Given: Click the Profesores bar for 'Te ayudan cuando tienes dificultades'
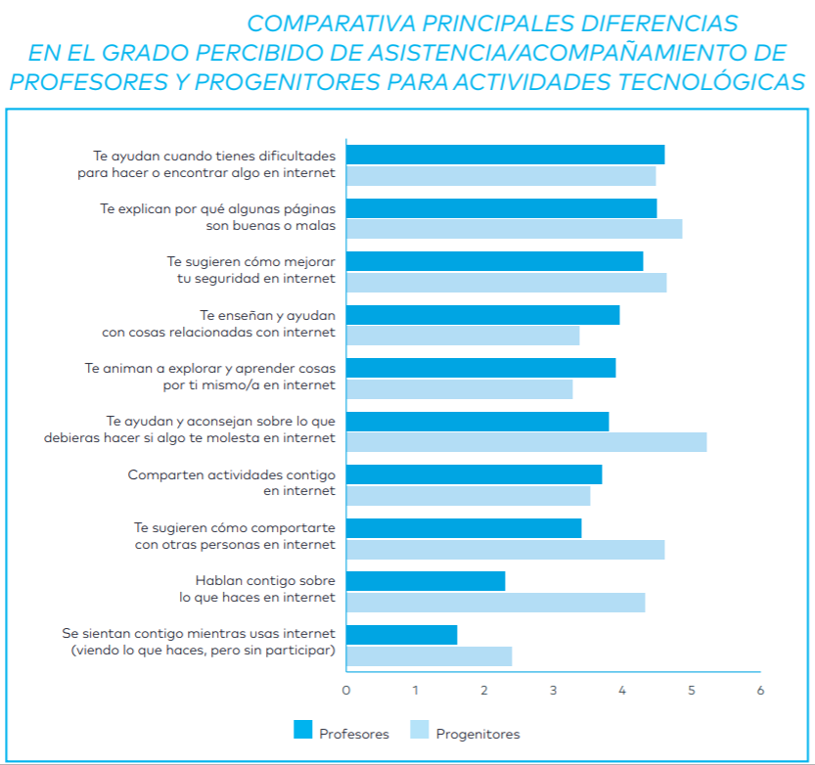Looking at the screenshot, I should coord(505,155).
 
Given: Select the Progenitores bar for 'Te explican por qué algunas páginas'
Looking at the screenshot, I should coord(514,229).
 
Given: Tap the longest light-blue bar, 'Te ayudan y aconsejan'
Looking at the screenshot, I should coord(525,441).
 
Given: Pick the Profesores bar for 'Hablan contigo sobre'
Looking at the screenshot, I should coord(426,581).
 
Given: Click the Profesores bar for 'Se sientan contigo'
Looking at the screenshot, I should coord(401,635).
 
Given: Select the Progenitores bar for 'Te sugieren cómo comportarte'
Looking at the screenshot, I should coord(505,549).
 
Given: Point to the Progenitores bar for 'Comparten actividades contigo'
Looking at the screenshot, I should coord(468,496).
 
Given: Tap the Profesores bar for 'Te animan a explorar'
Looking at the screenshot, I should coord(480,368).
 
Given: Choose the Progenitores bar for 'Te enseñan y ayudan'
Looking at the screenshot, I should coord(463,336).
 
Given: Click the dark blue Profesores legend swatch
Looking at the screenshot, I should coord(302,730).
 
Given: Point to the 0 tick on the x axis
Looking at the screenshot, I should coord(346,690).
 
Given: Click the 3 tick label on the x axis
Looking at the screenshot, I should coord(554,690).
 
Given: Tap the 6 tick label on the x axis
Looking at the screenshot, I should coord(760,690).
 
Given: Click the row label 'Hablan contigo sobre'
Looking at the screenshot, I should coord(265,580).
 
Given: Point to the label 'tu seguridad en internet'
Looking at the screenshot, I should coord(249,278).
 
